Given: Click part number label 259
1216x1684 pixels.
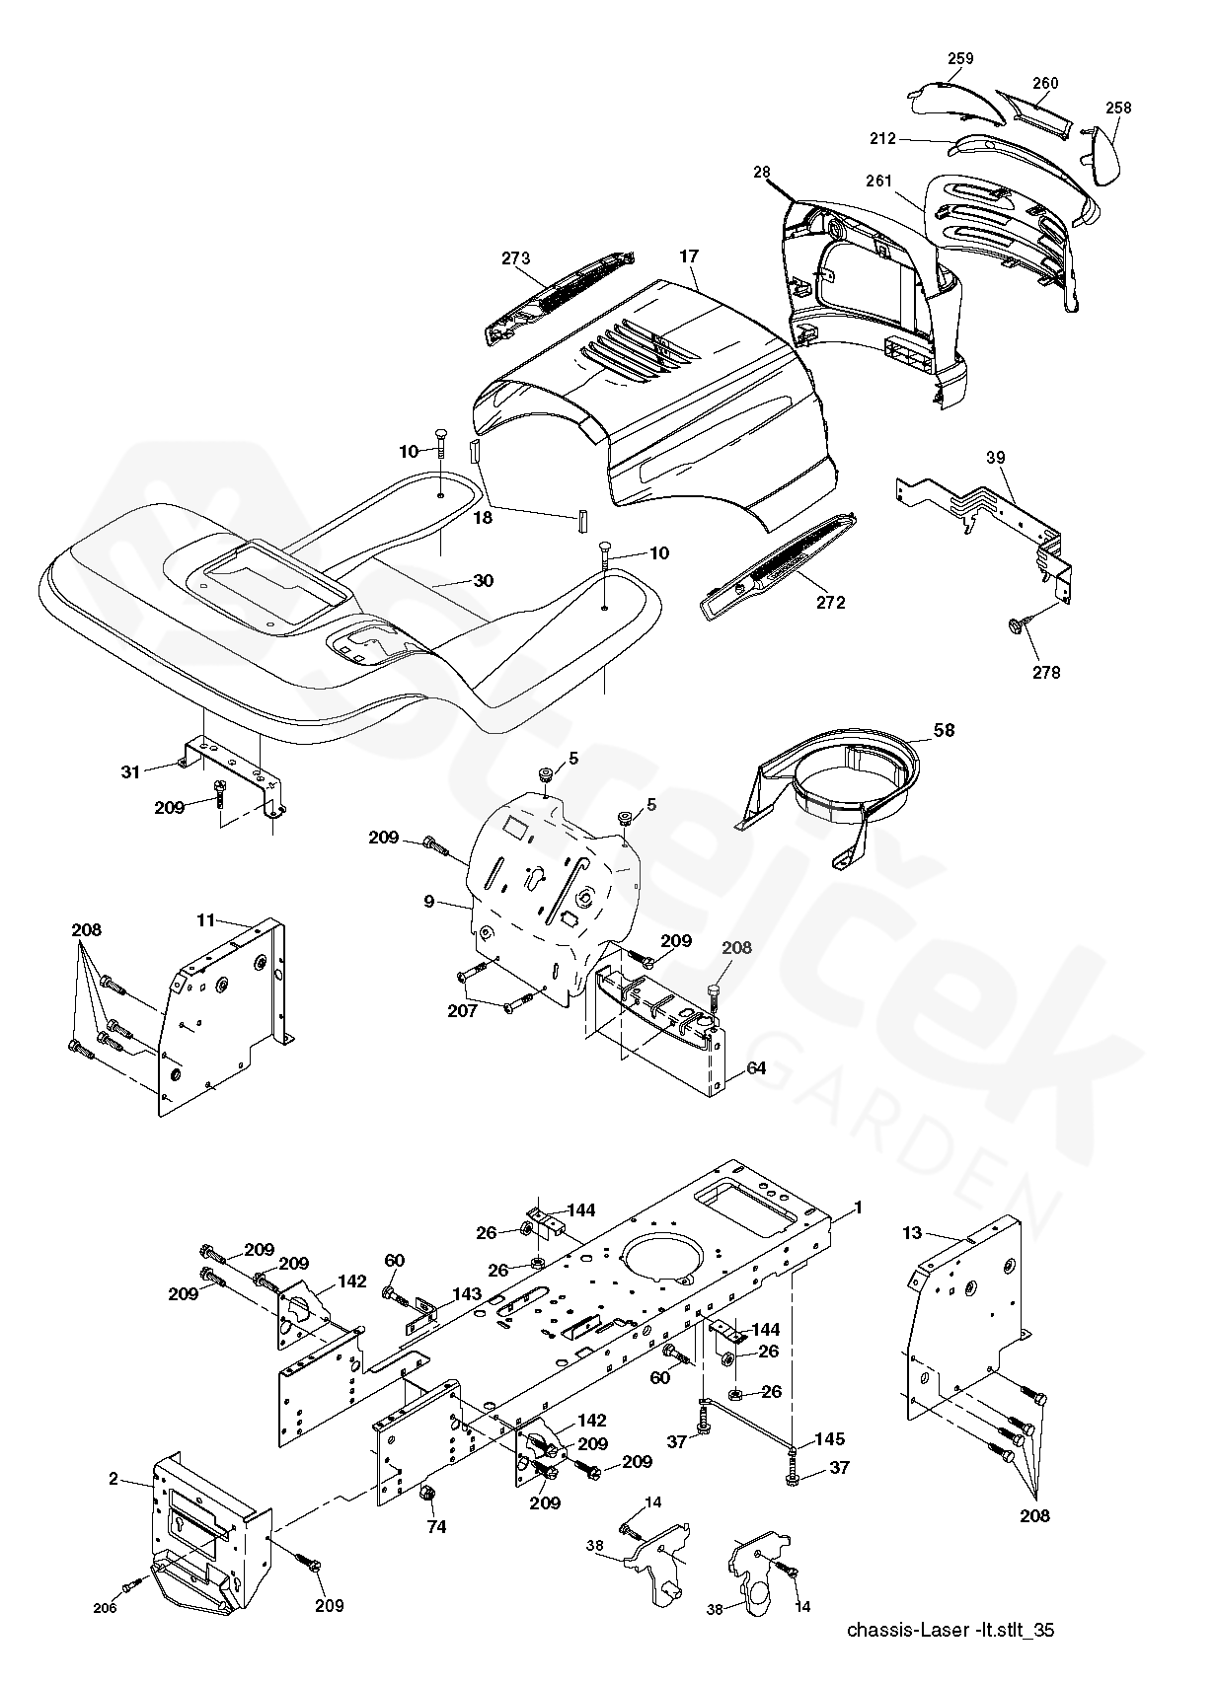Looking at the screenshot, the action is coord(960,58).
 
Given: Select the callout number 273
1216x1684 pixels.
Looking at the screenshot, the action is coord(515,258).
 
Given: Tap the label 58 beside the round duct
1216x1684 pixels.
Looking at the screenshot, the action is coord(945,730).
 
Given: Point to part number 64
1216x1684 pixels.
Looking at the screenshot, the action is coord(755,1068).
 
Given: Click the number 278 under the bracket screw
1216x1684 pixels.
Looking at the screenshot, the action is coord(1046,672).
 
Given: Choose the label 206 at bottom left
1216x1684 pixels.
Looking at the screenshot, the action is coord(105,1608).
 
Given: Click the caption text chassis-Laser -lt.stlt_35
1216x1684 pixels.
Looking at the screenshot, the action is coord(950,1629).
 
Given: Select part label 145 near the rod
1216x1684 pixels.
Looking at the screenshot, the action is coord(830,1439).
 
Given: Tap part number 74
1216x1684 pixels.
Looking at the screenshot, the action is coord(435,1527).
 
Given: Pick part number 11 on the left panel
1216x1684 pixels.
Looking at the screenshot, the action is coord(205,919).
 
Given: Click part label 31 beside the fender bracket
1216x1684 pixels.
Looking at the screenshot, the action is coord(130,771).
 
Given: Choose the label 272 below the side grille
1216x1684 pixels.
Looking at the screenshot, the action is coord(830,602).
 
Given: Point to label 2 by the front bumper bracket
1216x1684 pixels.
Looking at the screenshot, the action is coord(114,1478).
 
